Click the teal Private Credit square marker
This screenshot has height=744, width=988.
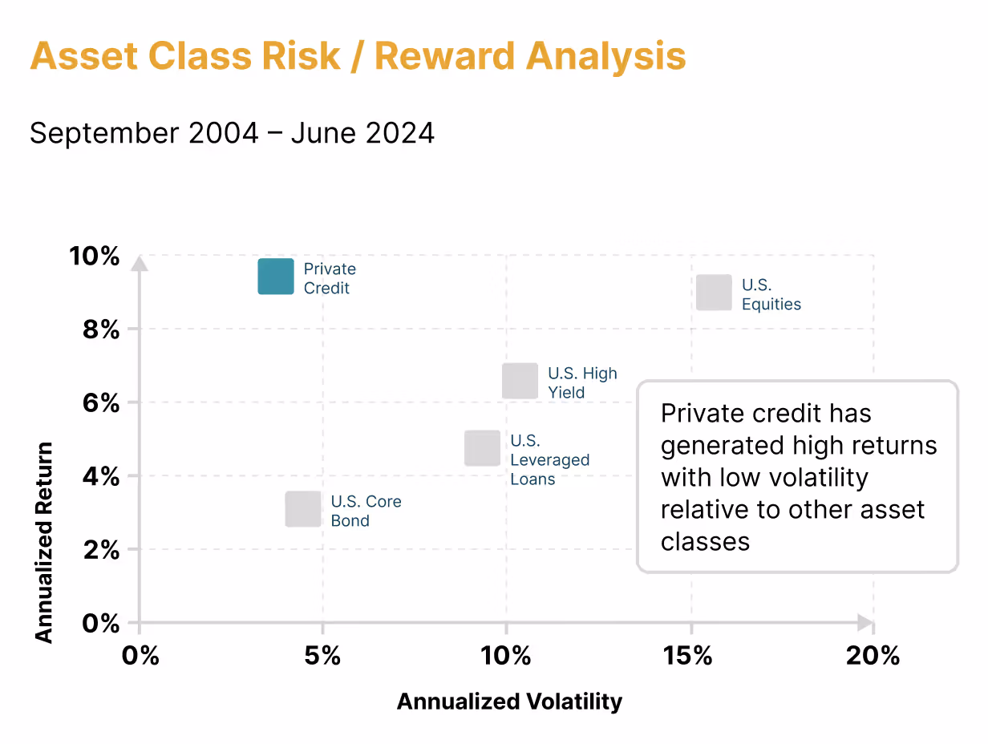click(x=275, y=277)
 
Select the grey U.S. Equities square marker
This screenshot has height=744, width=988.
click(x=714, y=293)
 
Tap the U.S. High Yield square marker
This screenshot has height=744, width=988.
click(x=520, y=381)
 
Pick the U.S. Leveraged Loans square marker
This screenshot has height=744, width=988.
click(x=482, y=448)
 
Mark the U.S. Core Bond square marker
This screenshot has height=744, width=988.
click(x=303, y=509)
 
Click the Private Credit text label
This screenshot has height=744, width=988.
click(x=329, y=278)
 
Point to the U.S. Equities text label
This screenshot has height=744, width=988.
click(x=771, y=294)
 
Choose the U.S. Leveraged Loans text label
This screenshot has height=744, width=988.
click(x=549, y=459)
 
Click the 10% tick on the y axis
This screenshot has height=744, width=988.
click(x=95, y=257)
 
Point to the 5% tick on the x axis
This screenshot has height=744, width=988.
click(x=322, y=656)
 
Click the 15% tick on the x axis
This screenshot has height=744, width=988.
click(x=689, y=656)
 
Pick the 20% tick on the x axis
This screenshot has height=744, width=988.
click(x=873, y=656)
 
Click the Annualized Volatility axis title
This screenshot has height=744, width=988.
click(x=509, y=702)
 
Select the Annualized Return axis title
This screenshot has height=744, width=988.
click(x=43, y=542)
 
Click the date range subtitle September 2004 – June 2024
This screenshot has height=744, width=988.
click(x=232, y=133)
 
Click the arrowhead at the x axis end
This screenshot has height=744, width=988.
click(x=865, y=622)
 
